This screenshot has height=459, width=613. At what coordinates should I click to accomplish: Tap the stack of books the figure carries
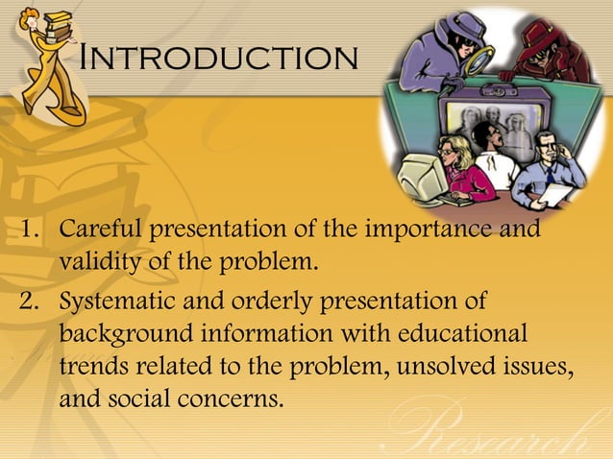55,23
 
